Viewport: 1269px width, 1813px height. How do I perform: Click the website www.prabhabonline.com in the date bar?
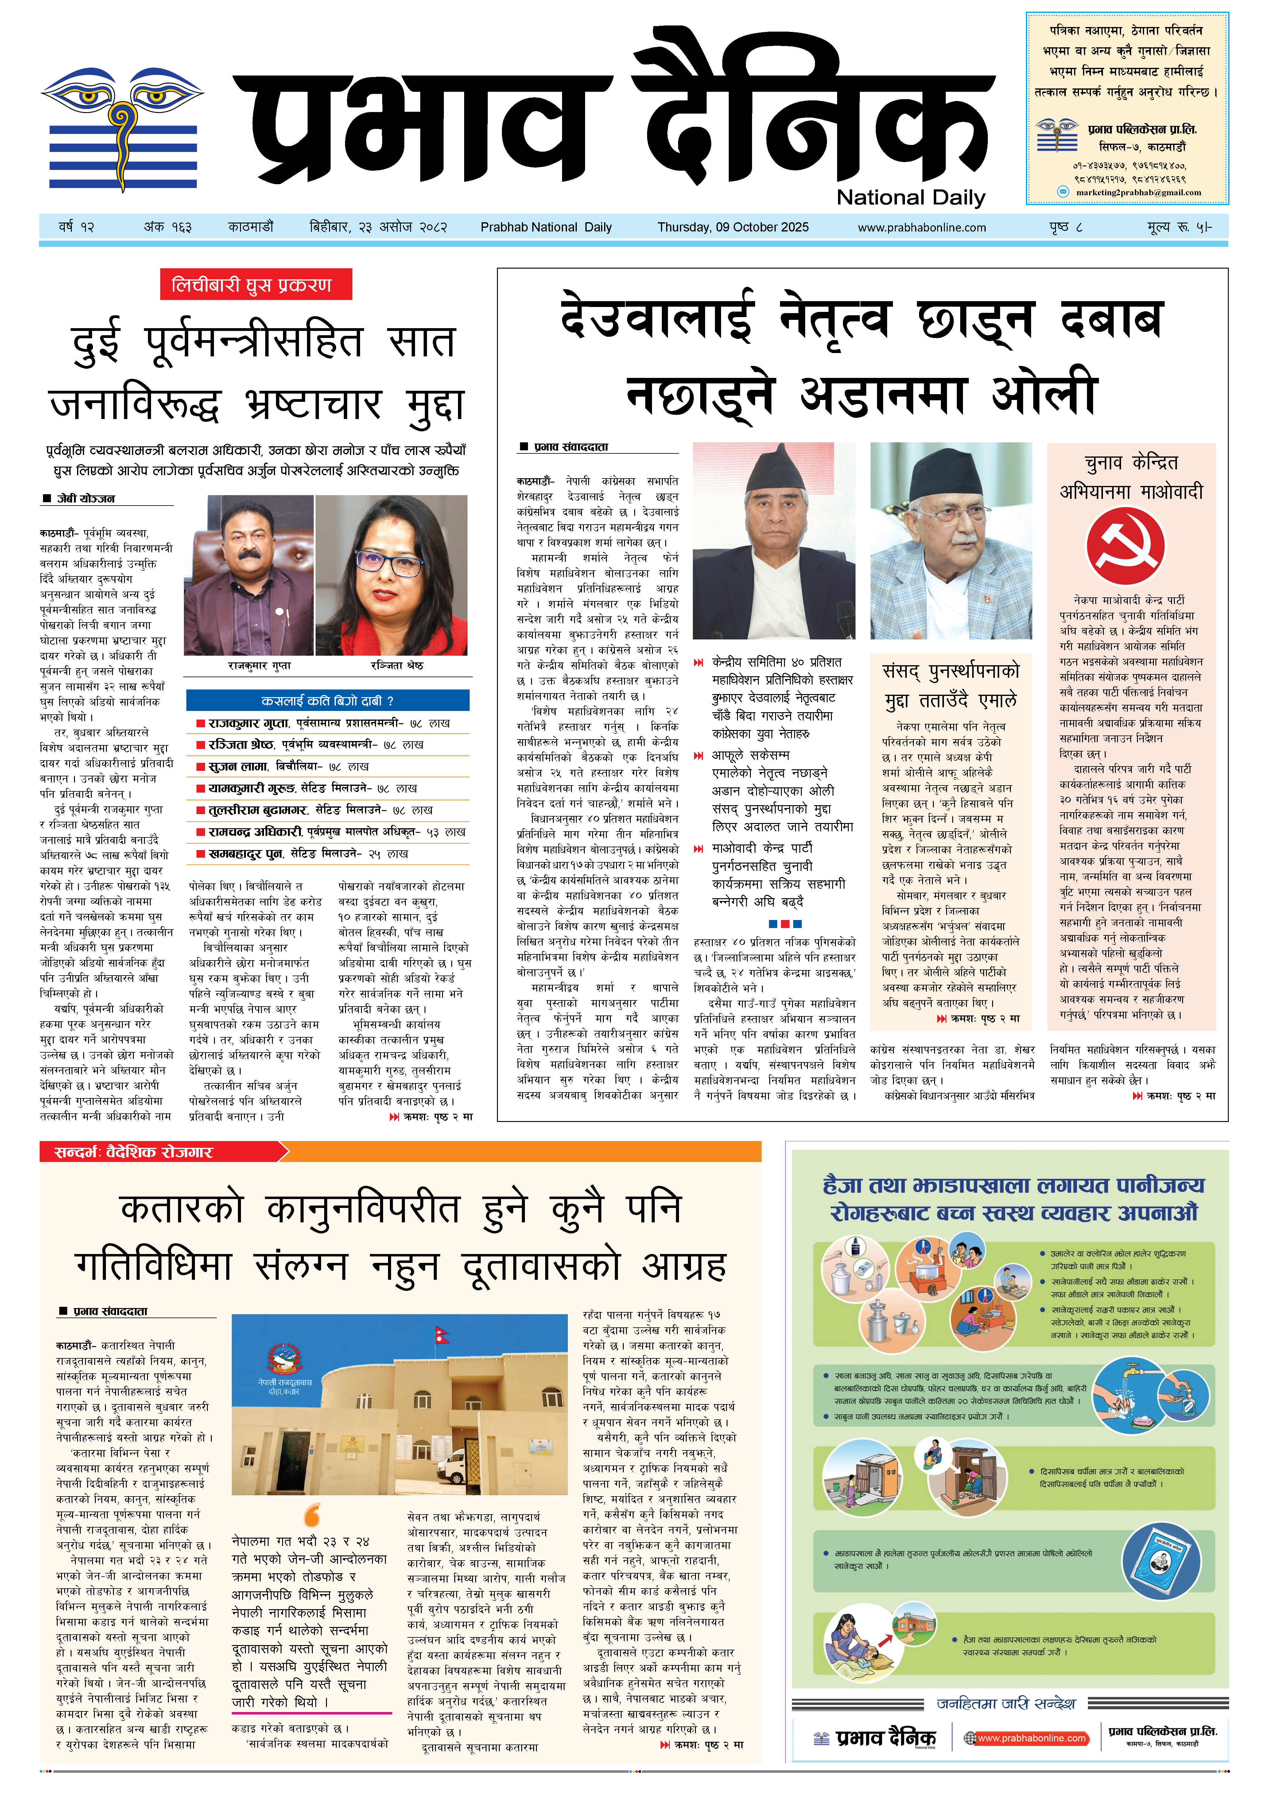click(922, 227)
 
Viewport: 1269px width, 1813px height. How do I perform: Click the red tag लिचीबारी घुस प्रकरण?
click(252, 285)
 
